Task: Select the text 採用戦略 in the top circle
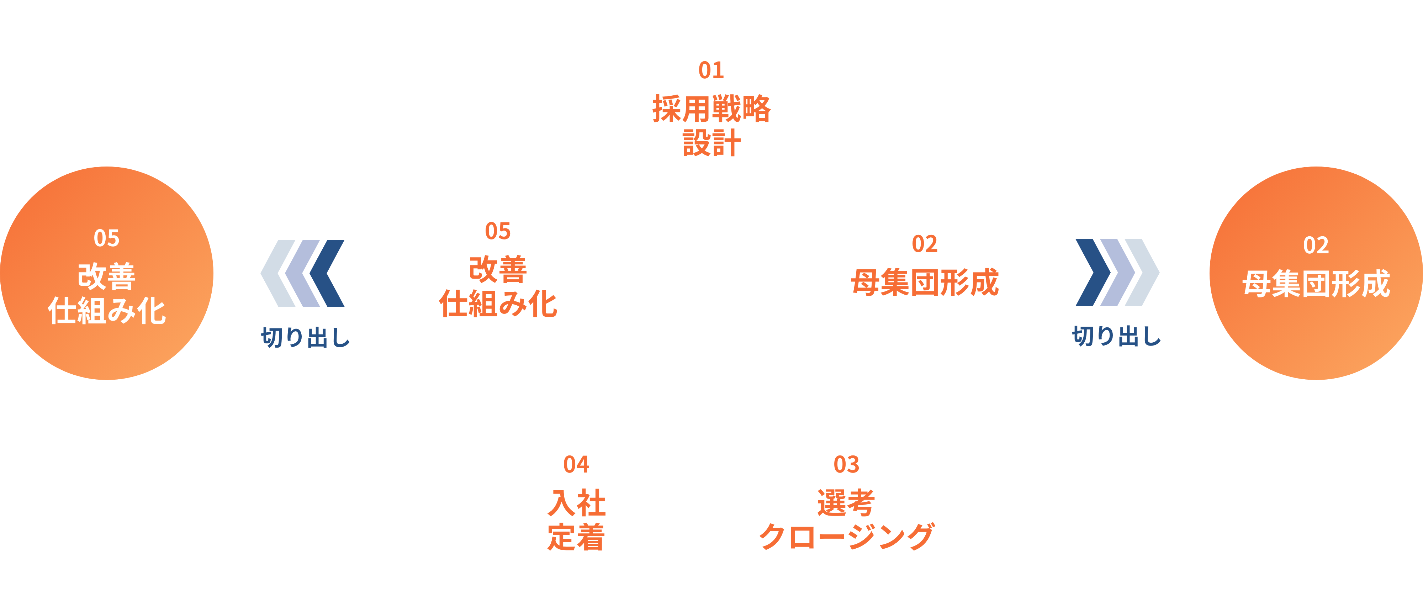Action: coord(711,109)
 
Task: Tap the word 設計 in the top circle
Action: coord(711,143)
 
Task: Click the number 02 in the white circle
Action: coord(925,244)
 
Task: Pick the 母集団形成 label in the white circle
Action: coord(925,282)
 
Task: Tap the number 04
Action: coord(576,465)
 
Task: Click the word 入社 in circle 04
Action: coord(576,503)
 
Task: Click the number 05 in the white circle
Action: coord(498,231)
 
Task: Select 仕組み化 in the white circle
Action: coord(498,304)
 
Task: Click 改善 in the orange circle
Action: coord(107,276)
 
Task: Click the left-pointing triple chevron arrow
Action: coord(303,273)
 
